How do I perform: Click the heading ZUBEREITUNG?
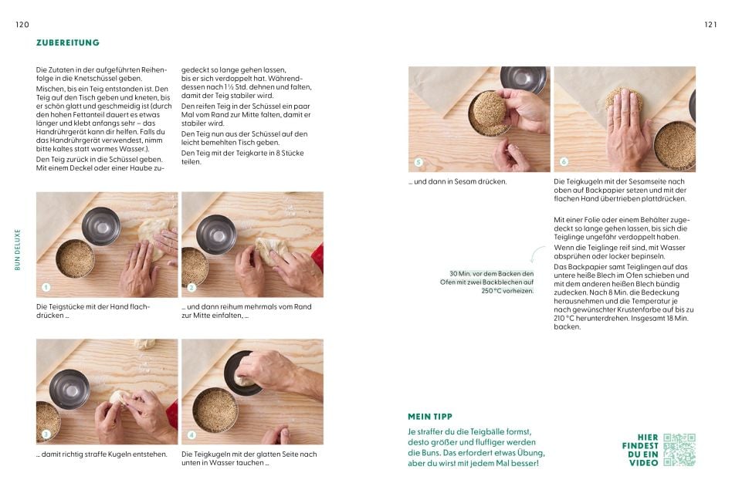coord(68,43)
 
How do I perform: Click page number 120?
coord(22,25)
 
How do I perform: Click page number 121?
coord(710,25)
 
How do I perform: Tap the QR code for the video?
coord(679,449)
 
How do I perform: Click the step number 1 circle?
coord(46,288)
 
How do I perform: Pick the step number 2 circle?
coord(191,288)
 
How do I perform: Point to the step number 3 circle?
coord(46,434)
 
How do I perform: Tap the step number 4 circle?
coord(191,434)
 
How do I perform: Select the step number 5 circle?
coord(419,163)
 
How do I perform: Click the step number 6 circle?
coord(564,162)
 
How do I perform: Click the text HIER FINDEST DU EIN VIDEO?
coord(640,449)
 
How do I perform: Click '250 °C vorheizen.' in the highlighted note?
coord(507,291)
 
